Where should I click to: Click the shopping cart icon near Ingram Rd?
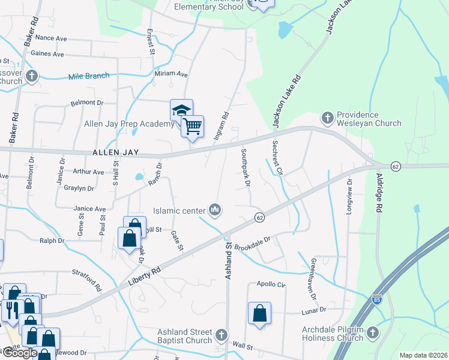click(192, 127)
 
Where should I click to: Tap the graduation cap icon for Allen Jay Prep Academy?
click(181, 110)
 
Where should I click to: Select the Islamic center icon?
click(214, 209)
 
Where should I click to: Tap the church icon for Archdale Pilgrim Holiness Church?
click(372, 332)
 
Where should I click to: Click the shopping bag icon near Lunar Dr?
click(259, 313)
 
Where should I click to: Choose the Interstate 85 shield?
click(377, 299)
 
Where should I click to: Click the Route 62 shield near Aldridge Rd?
click(395, 166)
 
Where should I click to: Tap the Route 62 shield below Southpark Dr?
click(259, 217)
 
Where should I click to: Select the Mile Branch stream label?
click(89, 76)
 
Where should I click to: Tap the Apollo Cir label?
click(271, 284)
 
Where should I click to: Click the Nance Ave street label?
click(51, 38)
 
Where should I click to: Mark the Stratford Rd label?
click(87, 280)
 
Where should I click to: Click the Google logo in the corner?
click(20, 353)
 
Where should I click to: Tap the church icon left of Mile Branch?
click(32, 76)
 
